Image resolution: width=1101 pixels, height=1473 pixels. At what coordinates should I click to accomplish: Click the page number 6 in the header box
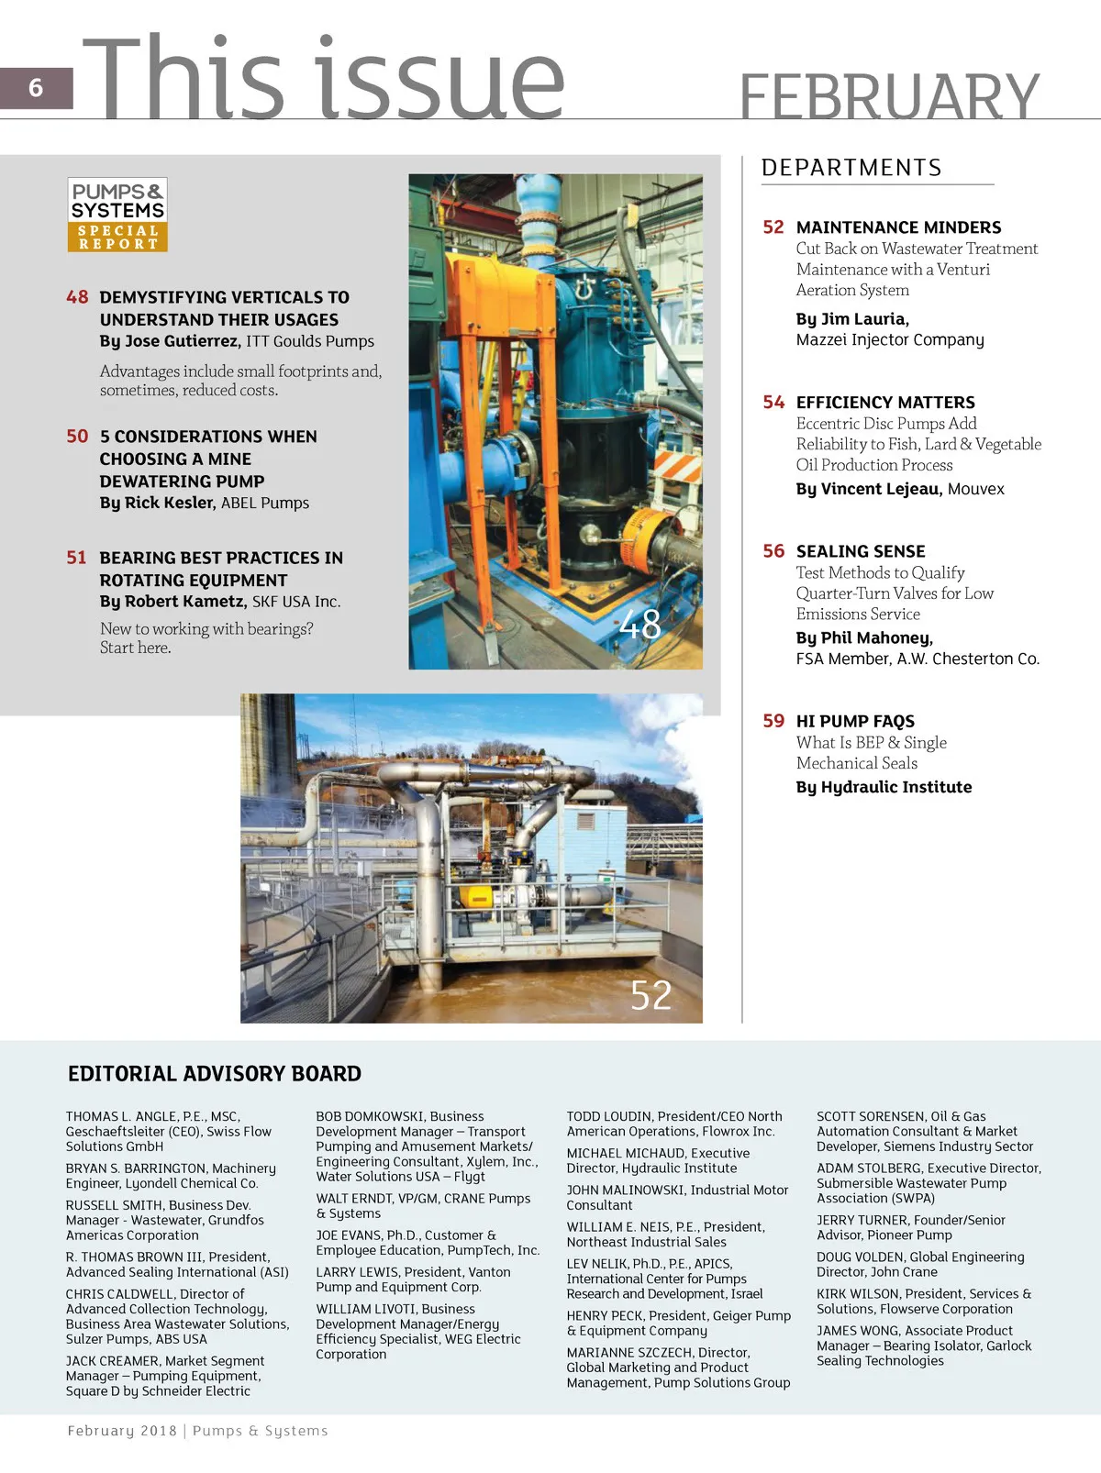[x=36, y=88]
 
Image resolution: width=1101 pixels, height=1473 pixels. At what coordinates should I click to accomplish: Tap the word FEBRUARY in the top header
[x=888, y=96]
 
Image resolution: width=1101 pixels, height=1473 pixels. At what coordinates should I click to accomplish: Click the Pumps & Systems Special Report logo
[x=117, y=215]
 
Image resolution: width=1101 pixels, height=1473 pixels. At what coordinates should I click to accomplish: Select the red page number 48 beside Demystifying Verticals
[x=77, y=297]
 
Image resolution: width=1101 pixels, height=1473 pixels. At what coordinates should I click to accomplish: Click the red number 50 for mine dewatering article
[x=77, y=437]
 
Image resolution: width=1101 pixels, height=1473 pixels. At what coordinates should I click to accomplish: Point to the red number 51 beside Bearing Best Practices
[x=76, y=558]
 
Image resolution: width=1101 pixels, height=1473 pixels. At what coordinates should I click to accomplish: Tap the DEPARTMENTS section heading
[x=851, y=168]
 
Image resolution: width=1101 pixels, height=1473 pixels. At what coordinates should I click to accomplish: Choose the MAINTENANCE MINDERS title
[x=898, y=227]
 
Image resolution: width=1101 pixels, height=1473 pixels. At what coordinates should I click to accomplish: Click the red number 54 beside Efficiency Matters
[x=773, y=403]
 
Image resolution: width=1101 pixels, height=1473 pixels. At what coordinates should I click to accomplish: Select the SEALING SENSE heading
[x=860, y=551]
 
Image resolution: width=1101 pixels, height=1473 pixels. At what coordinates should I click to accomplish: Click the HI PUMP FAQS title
[x=855, y=722]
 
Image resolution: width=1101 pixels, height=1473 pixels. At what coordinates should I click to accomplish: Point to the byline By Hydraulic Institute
[x=884, y=787]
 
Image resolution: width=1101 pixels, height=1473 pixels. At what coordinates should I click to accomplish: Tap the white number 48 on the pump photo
[x=639, y=625]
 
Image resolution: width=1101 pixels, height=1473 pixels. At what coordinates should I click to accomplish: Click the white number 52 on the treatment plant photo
[x=651, y=995]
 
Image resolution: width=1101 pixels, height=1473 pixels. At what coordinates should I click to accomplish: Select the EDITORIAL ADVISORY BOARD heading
[x=215, y=1074]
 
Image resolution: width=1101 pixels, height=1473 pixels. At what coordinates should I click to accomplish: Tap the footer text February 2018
[x=122, y=1431]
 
